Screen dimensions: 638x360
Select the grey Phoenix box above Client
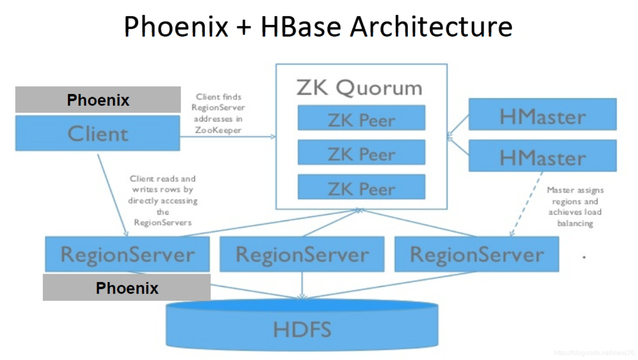point(98,100)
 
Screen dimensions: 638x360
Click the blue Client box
point(98,133)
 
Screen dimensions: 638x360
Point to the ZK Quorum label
point(359,87)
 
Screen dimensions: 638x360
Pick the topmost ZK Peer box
point(361,118)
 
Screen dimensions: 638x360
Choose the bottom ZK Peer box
point(361,187)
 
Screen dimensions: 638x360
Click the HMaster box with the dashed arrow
point(542,156)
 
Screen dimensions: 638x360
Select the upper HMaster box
point(542,114)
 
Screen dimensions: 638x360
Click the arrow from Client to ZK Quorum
point(228,137)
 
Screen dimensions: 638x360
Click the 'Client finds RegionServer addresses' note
point(218,113)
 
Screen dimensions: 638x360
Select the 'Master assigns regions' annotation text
point(575,206)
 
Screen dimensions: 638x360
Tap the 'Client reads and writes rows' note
point(163,200)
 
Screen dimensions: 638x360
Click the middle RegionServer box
point(302,254)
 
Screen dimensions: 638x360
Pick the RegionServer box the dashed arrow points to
point(477,254)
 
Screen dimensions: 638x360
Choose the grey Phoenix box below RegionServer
point(127,288)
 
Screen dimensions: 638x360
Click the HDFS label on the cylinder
point(302,330)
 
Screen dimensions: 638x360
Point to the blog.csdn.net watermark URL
point(594,353)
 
